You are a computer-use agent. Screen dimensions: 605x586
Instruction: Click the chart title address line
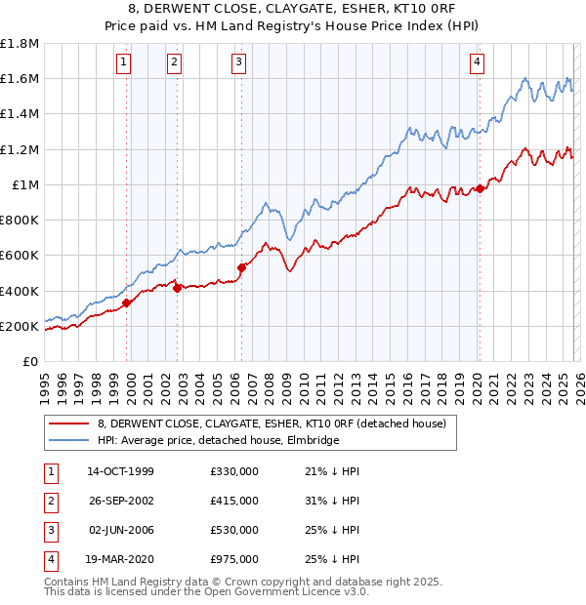pyautogui.click(x=293, y=9)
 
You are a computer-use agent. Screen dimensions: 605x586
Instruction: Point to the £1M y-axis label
pyautogui.click(x=25, y=185)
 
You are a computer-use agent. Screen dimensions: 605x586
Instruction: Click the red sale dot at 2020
pyautogui.click(x=480, y=189)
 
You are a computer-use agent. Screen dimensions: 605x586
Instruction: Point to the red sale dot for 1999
pyautogui.click(x=127, y=302)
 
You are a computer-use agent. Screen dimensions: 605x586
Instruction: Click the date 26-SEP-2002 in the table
pyautogui.click(x=120, y=501)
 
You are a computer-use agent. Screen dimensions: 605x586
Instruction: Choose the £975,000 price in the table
pyautogui.click(x=234, y=559)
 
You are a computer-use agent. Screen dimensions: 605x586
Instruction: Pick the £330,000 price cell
pyautogui.click(x=234, y=471)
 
